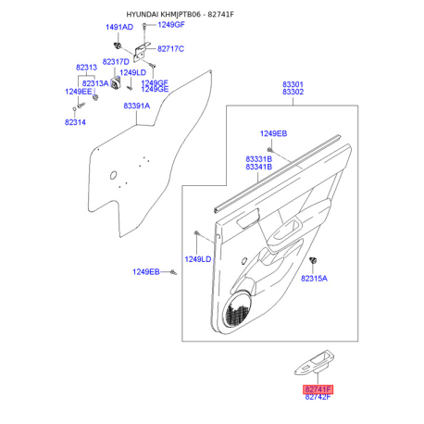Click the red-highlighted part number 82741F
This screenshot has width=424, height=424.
318,390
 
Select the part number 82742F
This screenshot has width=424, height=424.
318,397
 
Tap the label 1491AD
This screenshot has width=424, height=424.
119,27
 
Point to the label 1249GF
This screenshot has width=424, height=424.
171,25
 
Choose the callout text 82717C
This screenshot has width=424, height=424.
170,49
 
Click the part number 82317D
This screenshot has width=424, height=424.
116,62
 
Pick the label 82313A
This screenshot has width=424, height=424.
95,83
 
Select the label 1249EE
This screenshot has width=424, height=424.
79,92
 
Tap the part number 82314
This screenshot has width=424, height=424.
75,122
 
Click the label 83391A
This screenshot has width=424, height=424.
137,106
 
